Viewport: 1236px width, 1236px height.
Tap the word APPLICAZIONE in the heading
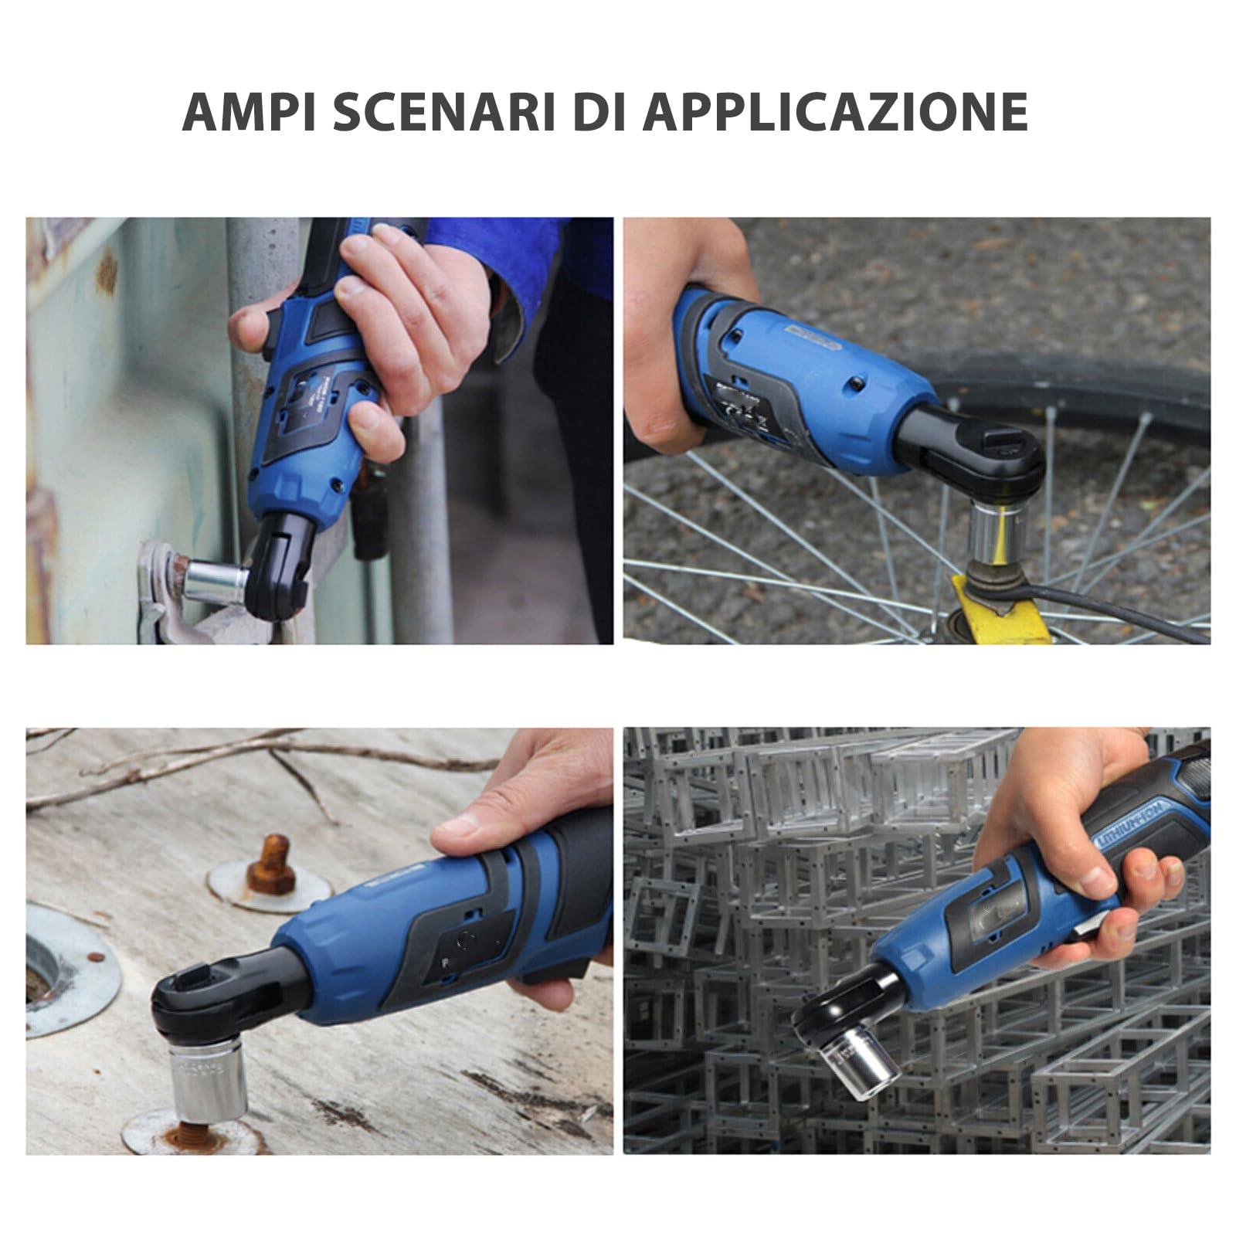835,112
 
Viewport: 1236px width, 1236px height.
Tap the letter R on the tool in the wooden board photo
446,964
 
